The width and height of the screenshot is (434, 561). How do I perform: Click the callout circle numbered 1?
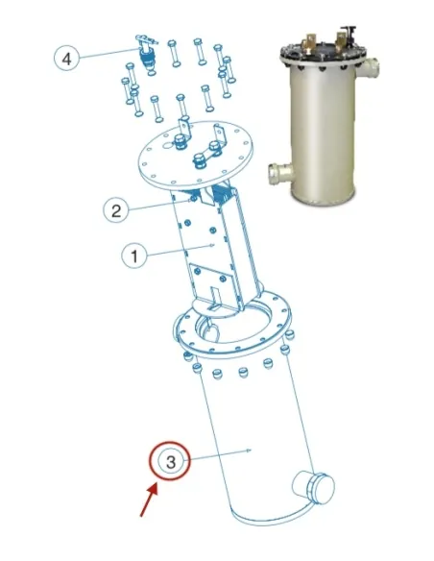(134, 256)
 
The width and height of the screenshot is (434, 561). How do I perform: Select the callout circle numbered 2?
(116, 210)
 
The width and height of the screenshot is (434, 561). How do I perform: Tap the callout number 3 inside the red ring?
(171, 461)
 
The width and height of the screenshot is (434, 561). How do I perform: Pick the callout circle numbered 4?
(66, 59)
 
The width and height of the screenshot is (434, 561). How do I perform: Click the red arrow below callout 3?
(149, 500)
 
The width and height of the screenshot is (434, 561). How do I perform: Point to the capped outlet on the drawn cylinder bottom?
(314, 488)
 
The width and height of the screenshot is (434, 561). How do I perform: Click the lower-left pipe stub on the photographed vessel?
(281, 174)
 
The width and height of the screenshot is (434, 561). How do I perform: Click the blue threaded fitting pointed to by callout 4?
(146, 58)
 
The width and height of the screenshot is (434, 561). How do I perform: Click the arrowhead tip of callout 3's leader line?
(253, 451)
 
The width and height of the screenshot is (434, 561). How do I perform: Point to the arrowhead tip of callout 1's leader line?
(214, 246)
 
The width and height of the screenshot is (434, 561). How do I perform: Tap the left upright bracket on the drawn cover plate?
(184, 131)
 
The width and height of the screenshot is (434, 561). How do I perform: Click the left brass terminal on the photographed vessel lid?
(309, 41)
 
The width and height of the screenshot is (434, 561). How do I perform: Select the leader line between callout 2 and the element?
(158, 206)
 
